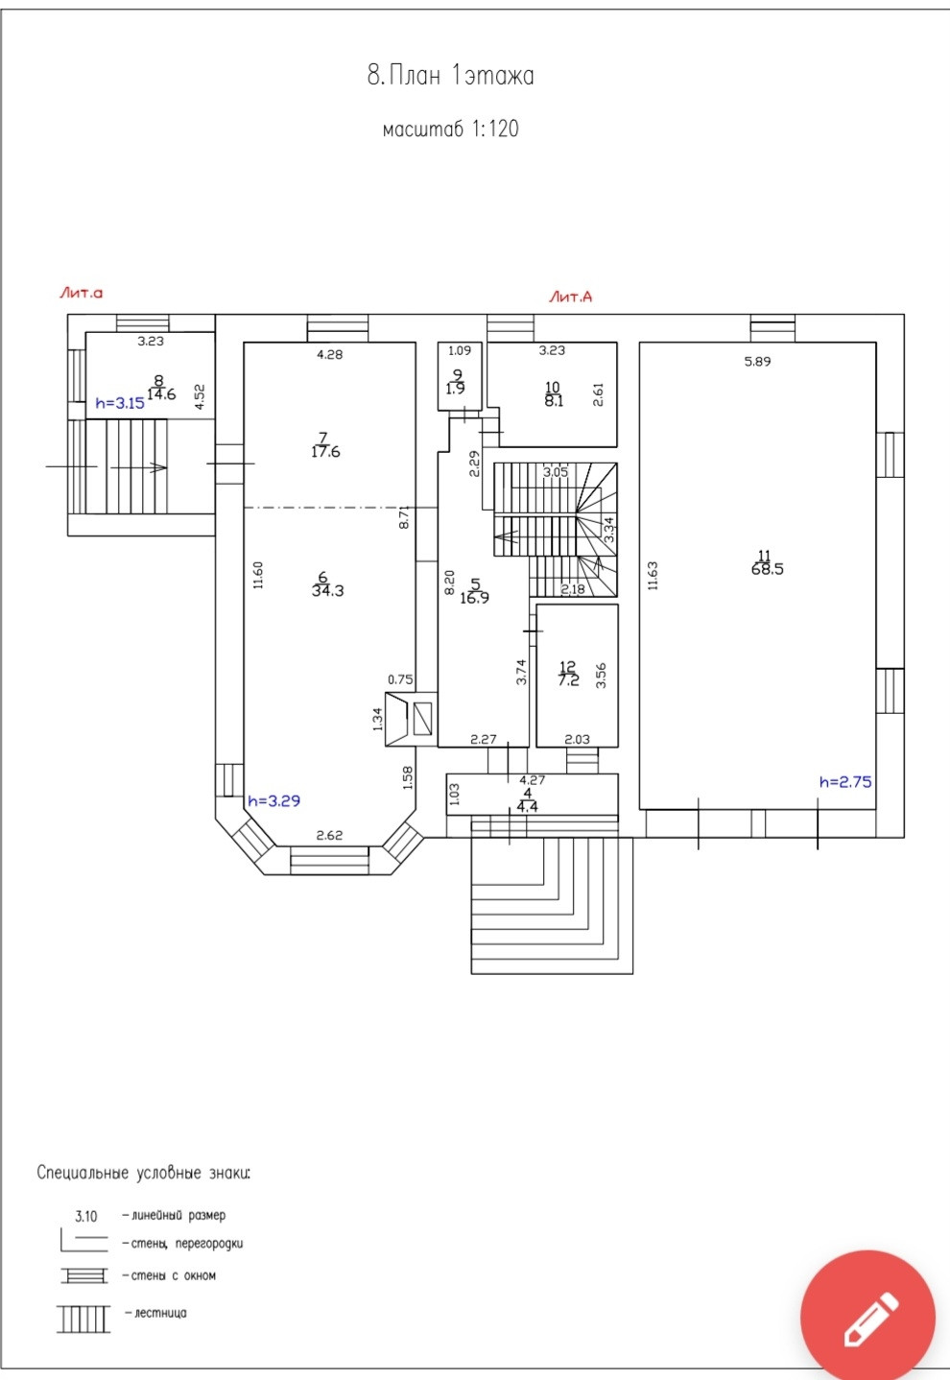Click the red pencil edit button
[867, 1318]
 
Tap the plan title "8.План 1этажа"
[450, 76]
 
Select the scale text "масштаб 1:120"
[450, 129]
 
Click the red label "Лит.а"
[82, 293]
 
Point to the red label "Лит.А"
[571, 297]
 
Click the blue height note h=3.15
[120, 403]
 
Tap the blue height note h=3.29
[274, 801]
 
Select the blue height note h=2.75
[845, 782]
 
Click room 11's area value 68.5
[767, 569]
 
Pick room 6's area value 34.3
[328, 591]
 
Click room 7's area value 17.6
[325, 452]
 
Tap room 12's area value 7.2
[568, 680]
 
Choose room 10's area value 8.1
[554, 400]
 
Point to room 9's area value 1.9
[455, 389]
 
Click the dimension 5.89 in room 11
[757, 362]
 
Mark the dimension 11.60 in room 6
[258, 575]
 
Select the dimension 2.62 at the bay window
[329, 836]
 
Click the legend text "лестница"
[160, 1313]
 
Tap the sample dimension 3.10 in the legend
[86, 1216]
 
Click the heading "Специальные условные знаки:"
[144, 1173]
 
